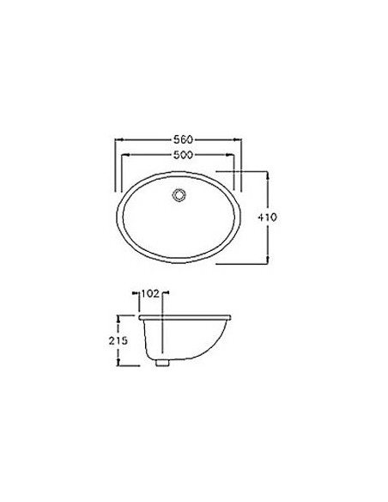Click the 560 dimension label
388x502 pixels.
183,139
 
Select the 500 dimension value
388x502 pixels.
183,155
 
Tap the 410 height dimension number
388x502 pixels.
267,217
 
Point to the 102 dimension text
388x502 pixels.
150,293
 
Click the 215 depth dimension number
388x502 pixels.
118,340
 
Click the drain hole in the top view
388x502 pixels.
179,195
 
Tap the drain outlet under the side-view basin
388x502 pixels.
162,363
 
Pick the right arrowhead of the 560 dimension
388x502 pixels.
238,139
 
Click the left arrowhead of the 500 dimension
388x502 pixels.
125,155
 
